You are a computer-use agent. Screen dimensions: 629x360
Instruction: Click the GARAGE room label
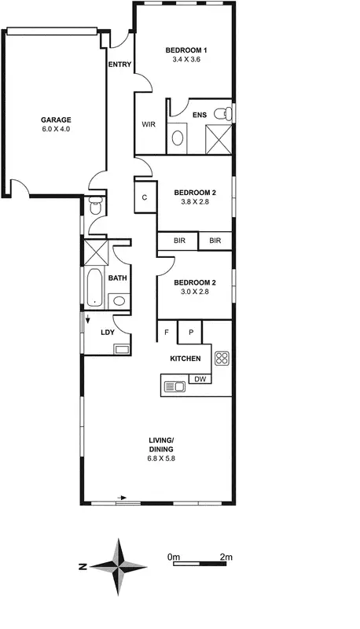[x=56, y=120]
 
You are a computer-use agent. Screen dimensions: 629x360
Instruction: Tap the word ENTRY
[x=119, y=65]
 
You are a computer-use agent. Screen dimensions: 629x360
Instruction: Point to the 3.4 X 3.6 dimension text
[x=183, y=59]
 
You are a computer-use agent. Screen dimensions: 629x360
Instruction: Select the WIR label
[x=149, y=124]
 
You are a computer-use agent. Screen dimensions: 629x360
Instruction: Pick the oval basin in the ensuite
[x=178, y=138]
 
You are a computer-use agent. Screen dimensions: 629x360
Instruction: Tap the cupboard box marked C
[x=145, y=198]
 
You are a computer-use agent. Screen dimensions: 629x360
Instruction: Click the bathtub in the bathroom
[x=94, y=287]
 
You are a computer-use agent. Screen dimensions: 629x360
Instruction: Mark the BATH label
[x=118, y=278]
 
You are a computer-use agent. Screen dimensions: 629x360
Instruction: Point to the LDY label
[x=108, y=332]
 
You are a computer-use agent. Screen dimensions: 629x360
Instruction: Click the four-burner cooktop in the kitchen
[x=222, y=359]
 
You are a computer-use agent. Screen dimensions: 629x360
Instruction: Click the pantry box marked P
[x=190, y=333]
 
